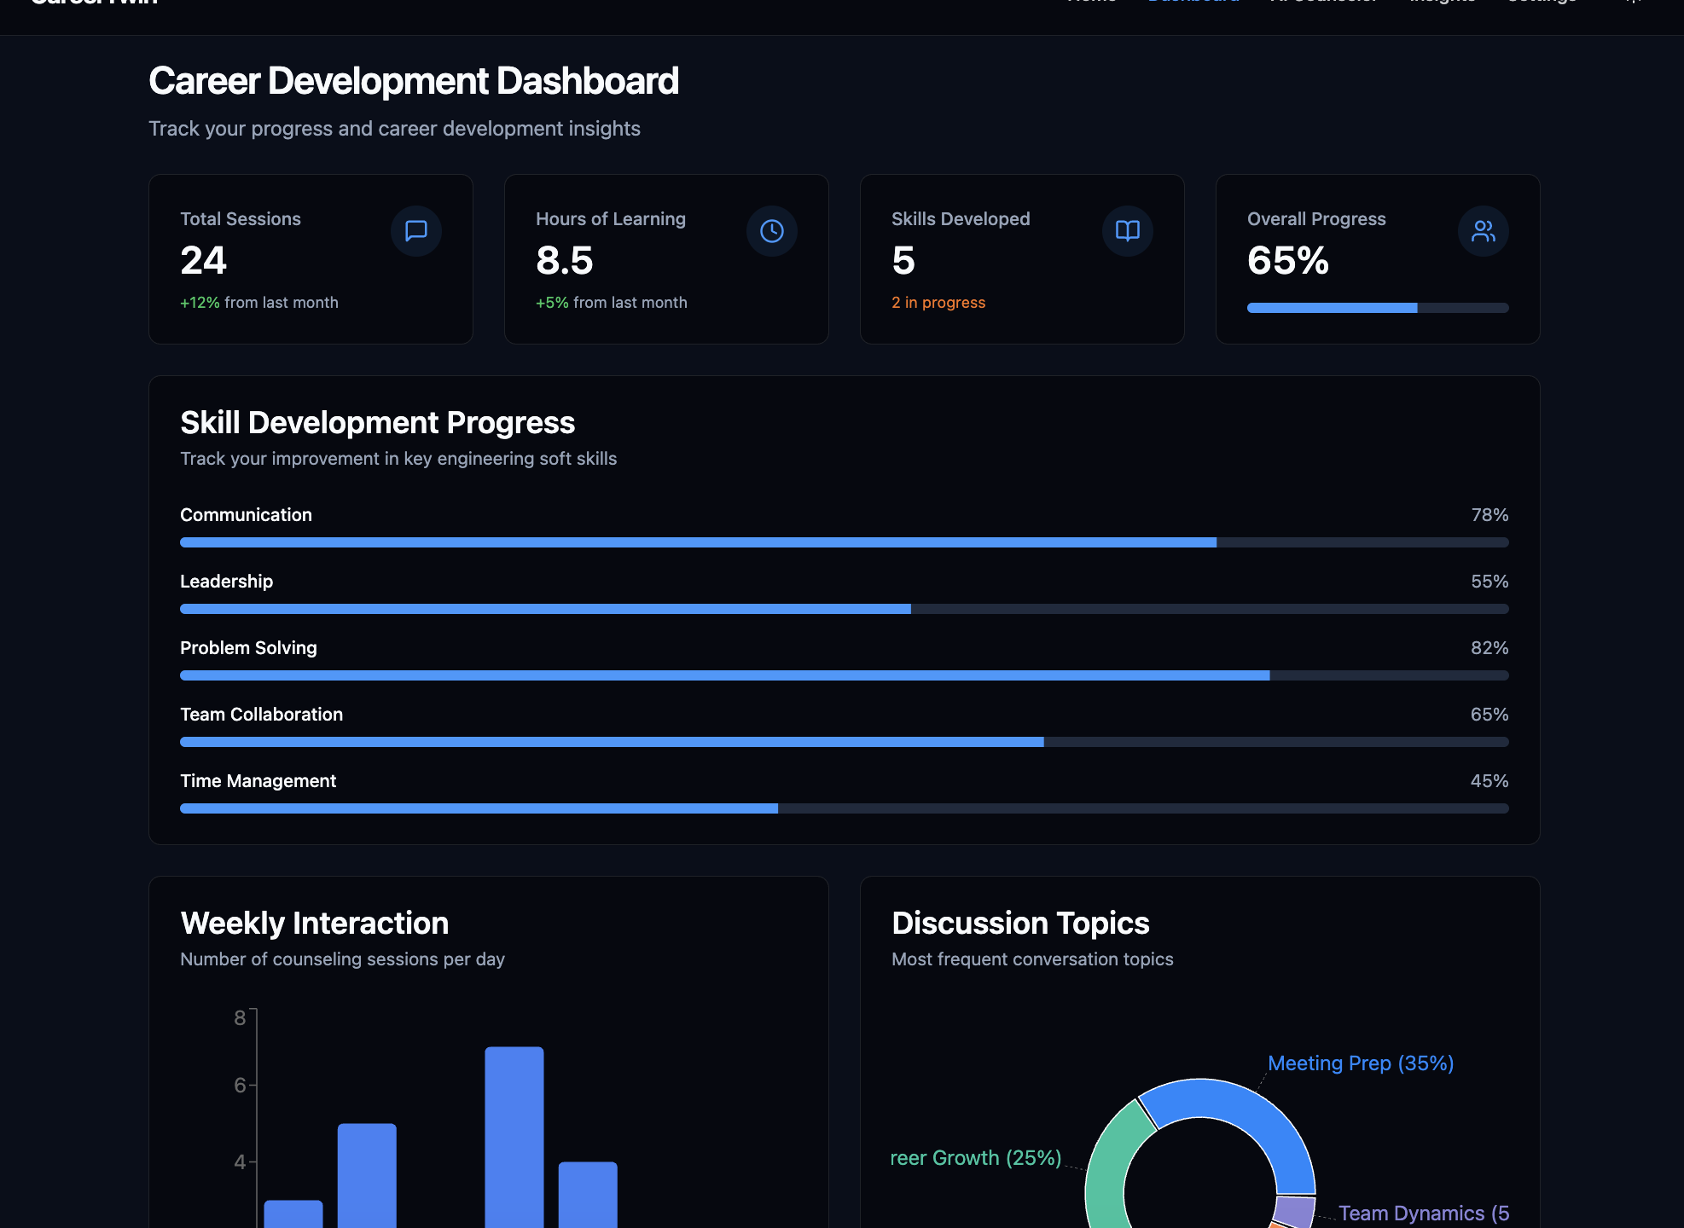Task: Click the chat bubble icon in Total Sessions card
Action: tap(416, 231)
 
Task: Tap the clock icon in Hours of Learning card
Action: tap(772, 231)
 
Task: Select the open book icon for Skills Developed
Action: tap(1128, 231)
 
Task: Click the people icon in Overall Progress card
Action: tap(1484, 231)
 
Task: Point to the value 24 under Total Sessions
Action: tap(203, 261)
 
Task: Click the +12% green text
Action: tap(200, 303)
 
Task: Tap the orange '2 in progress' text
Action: tap(938, 303)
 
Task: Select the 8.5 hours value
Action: tap(564, 261)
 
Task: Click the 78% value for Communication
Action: tap(1489, 515)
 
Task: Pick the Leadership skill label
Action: tap(226, 582)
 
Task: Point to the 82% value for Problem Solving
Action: tap(1489, 648)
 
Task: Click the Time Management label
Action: tap(258, 781)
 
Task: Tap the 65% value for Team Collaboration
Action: tap(1489, 715)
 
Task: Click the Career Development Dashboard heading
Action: tap(414, 82)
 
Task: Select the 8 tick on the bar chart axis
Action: tap(240, 1017)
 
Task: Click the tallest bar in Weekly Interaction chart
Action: tap(514, 1134)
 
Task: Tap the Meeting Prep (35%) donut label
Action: tap(1361, 1063)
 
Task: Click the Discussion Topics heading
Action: tap(1020, 924)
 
